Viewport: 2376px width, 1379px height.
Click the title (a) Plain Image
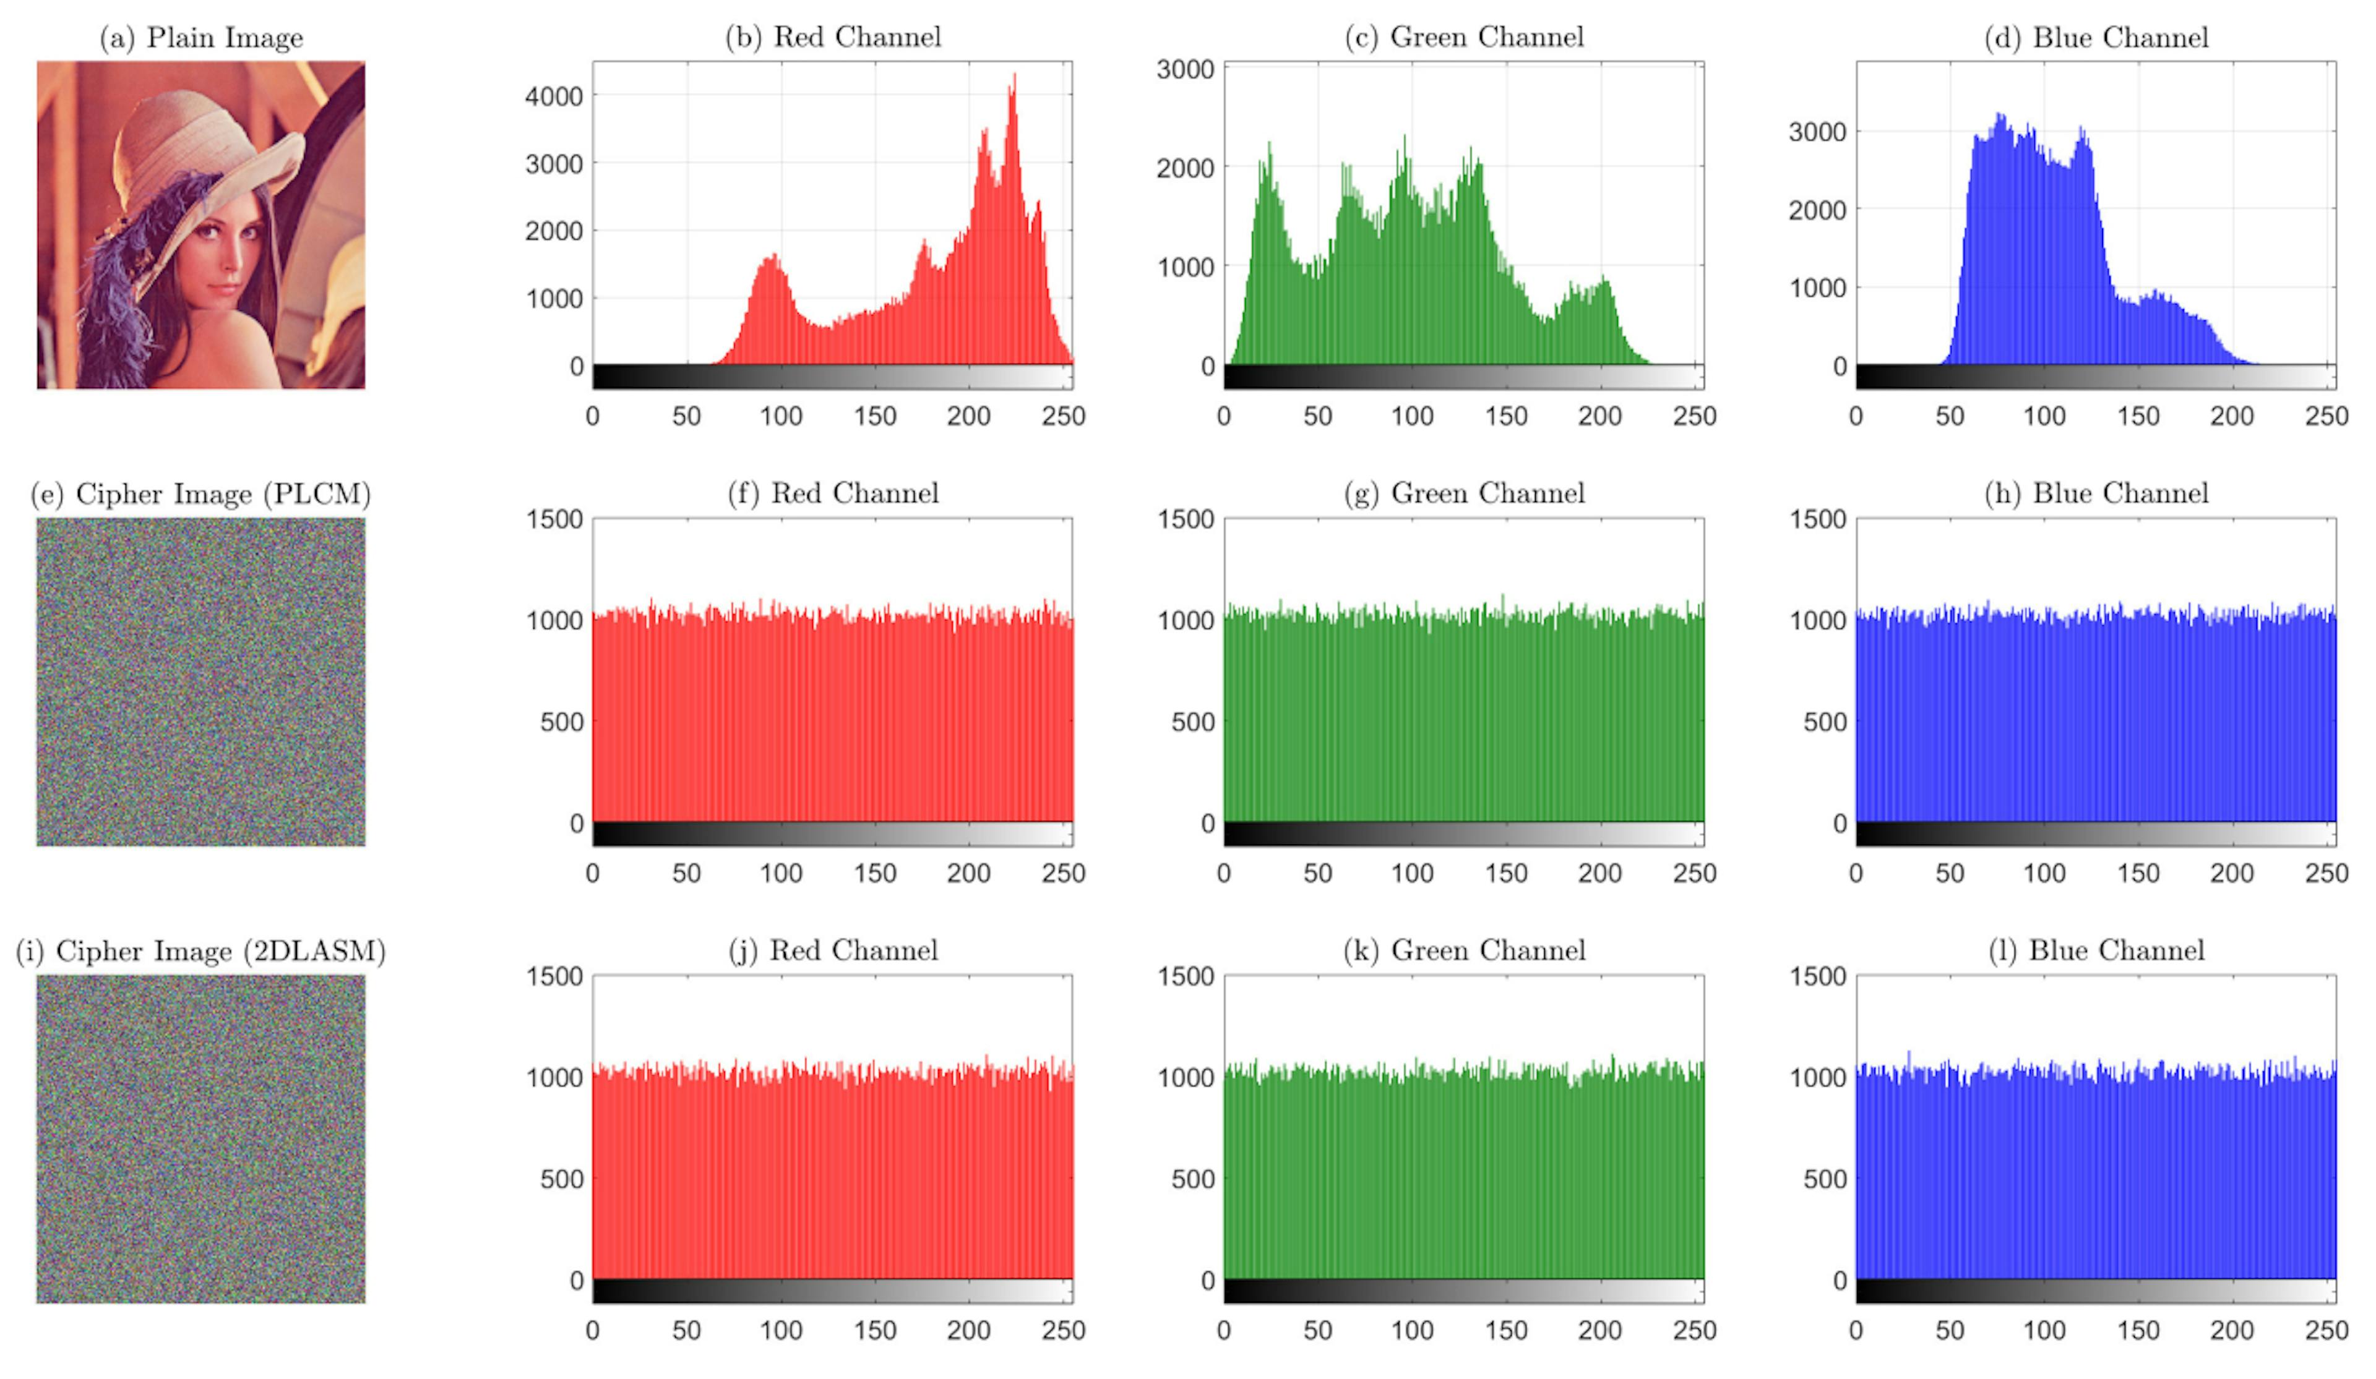[201, 38]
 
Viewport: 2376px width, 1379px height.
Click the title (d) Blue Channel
[2096, 38]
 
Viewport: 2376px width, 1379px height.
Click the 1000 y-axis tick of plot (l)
[1817, 1077]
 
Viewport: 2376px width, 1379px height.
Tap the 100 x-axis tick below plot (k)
[1411, 1330]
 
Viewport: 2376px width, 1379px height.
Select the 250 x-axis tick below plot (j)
[1062, 1330]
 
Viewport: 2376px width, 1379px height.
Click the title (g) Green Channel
[1464, 494]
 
